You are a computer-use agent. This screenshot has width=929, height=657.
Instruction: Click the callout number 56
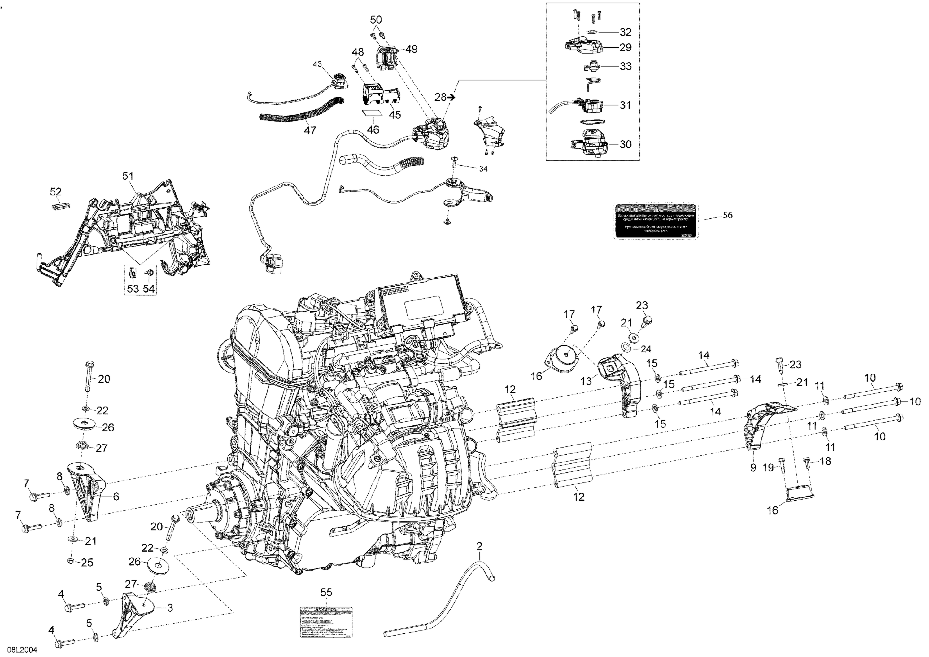(727, 215)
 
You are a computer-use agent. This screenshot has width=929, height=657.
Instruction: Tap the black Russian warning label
(656, 221)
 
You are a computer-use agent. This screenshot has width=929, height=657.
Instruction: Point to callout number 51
(128, 176)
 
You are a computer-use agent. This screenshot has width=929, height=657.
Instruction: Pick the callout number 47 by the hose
(310, 130)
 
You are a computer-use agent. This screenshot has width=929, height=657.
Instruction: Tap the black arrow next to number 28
(452, 97)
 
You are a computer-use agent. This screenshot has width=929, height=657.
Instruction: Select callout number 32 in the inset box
(626, 32)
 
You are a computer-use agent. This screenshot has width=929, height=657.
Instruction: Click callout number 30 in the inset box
(626, 144)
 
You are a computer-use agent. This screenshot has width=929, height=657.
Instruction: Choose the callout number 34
(483, 169)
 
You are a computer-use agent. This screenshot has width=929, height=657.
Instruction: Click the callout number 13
(586, 381)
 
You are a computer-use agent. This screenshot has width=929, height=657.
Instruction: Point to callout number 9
(753, 467)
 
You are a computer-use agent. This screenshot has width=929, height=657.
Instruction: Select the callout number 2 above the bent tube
(479, 546)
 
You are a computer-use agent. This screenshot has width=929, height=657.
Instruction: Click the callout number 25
(87, 562)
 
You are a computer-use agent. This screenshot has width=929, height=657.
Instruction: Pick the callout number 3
(170, 608)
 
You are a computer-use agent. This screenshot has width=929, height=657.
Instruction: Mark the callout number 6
(116, 496)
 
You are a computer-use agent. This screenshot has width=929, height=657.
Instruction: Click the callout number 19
(768, 468)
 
